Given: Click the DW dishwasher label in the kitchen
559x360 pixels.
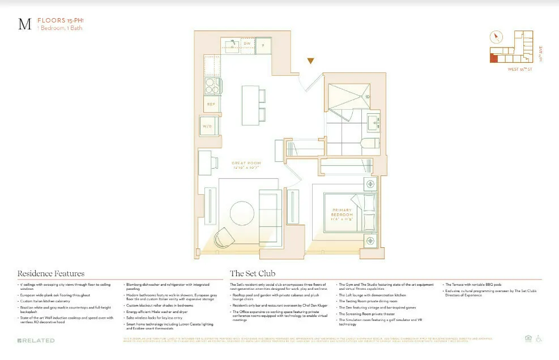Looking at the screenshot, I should (247, 44).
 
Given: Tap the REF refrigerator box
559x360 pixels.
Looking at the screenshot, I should (211, 104).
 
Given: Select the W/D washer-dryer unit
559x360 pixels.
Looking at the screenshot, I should (207, 127).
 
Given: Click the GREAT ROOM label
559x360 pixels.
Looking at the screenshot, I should (245, 165).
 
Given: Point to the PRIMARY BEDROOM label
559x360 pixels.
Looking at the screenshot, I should (342, 213).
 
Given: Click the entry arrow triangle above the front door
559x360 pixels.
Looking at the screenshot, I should (310, 61).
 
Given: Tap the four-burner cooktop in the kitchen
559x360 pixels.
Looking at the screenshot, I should (212, 85).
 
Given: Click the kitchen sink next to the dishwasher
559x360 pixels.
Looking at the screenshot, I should (231, 44).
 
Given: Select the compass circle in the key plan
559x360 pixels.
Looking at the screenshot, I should (497, 37).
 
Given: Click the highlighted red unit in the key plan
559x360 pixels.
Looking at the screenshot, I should (494, 58).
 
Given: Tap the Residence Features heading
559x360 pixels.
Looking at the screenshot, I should (51, 273).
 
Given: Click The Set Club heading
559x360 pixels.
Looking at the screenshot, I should (253, 273).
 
